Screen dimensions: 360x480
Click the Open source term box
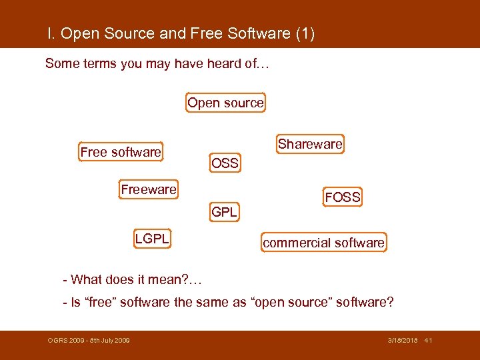[x=225, y=103]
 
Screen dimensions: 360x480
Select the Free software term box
[x=121, y=152]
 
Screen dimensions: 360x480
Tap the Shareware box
[x=310, y=144]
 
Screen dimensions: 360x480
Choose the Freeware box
[x=149, y=189]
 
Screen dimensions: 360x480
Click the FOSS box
[x=343, y=197]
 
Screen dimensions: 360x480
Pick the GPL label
[x=225, y=213]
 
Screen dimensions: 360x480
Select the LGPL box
[x=152, y=238]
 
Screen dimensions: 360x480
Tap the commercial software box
[x=324, y=243]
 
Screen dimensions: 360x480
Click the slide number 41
[x=428, y=341]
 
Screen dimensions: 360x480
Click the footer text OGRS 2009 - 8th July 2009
[x=89, y=341]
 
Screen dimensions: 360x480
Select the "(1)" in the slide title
[x=304, y=33]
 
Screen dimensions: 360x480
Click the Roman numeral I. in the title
[x=51, y=33]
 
